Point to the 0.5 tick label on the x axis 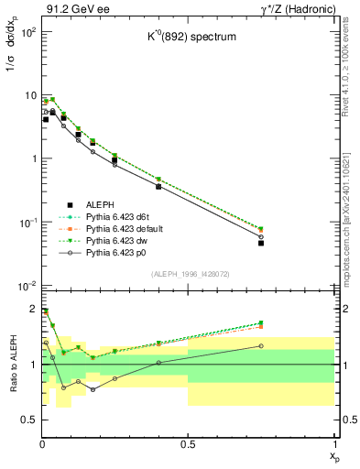coord(188,444)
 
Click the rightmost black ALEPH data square coord(261,243)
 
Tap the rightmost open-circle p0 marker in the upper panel coord(261,236)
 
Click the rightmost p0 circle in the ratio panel coord(261,346)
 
